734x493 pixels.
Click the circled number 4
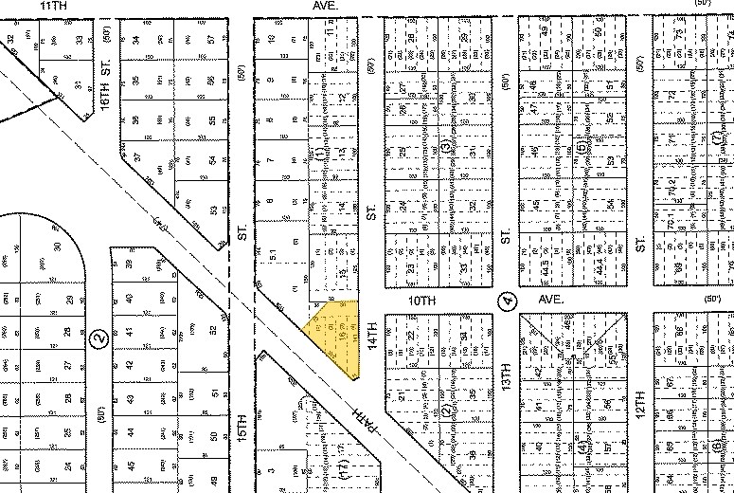[509, 301]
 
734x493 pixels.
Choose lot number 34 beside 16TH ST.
[136, 40]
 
